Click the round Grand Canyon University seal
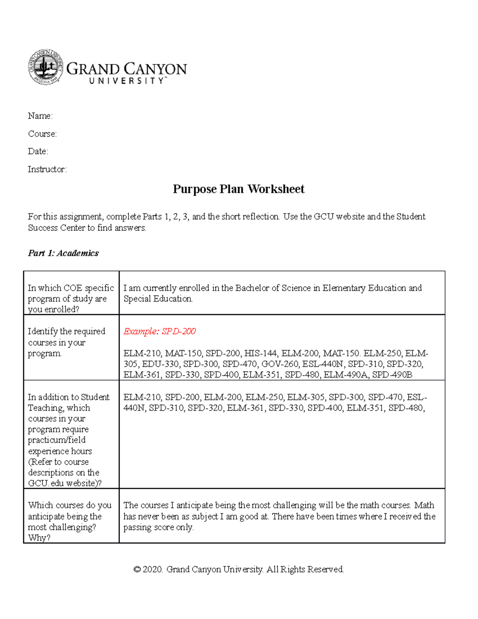[x=45, y=67]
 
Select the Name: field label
[x=40, y=116]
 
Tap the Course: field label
[x=42, y=134]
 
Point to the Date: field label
[x=38, y=151]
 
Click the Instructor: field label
[x=47, y=169]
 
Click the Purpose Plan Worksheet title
[x=238, y=189]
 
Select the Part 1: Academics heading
[x=63, y=253]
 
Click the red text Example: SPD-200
[x=159, y=332]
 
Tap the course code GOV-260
[x=280, y=364]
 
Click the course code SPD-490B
[x=392, y=375]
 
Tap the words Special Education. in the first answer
[x=158, y=299]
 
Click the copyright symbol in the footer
[x=137, y=570]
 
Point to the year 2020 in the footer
[x=153, y=570]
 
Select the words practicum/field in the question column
[x=57, y=440]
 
